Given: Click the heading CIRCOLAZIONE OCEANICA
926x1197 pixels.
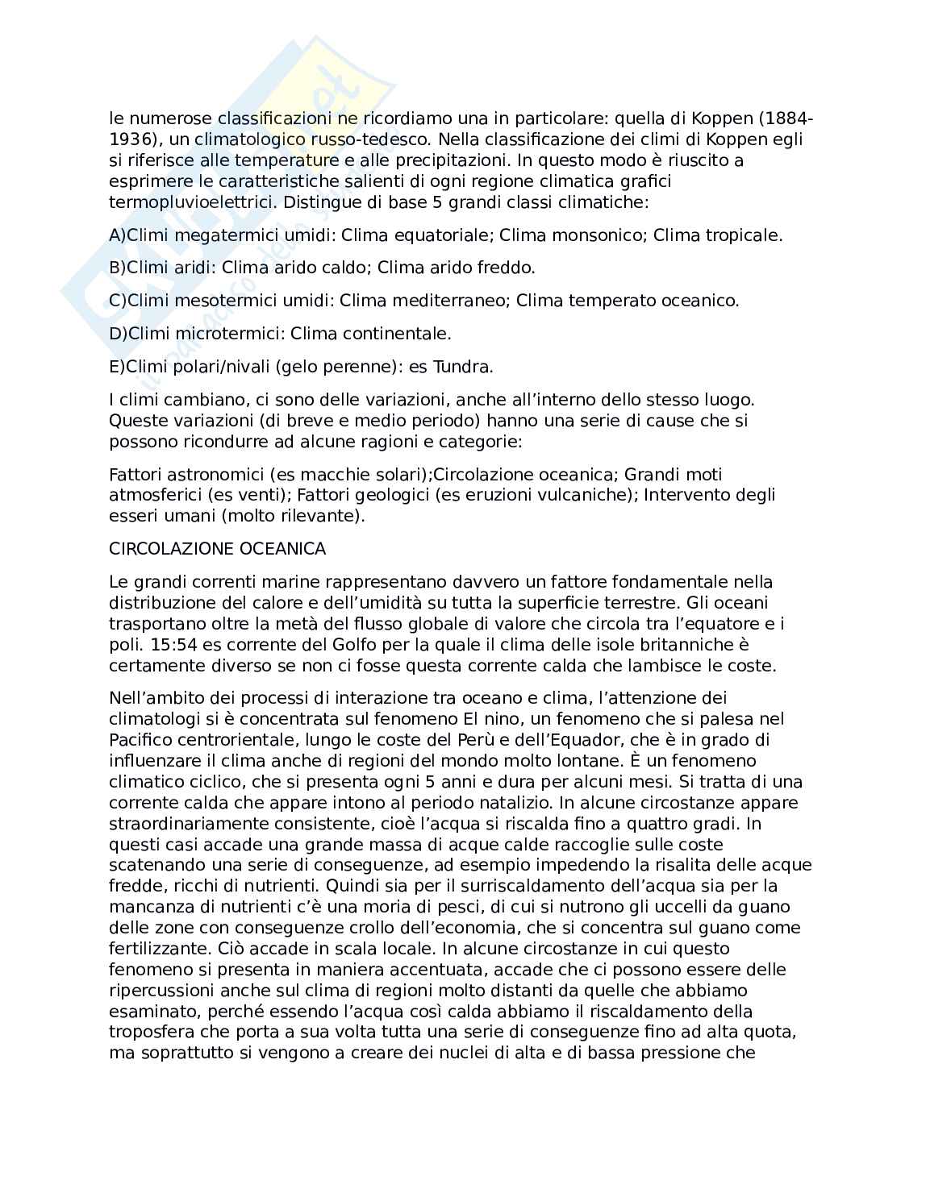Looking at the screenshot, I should (218, 549).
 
